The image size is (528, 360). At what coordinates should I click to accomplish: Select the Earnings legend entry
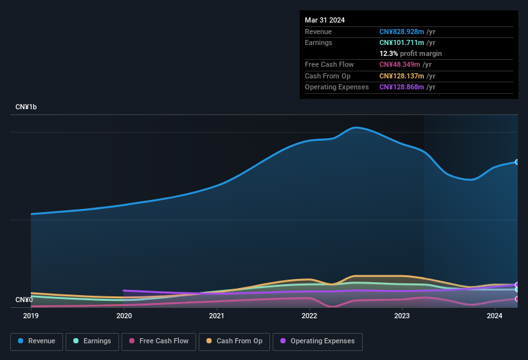(x=92, y=341)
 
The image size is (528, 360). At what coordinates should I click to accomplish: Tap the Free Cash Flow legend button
(x=158, y=341)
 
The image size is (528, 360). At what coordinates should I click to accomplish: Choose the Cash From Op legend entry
(x=234, y=341)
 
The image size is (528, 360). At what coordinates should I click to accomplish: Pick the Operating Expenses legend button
(x=317, y=341)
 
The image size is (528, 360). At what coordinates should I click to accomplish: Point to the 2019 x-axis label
(x=31, y=316)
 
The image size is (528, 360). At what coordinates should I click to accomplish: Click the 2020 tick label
(x=124, y=316)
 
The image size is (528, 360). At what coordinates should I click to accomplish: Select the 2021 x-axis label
(x=217, y=316)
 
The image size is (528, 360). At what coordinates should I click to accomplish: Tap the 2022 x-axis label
(x=309, y=316)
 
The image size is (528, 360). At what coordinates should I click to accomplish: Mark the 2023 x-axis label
(x=402, y=316)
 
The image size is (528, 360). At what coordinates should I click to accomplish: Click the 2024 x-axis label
(x=495, y=316)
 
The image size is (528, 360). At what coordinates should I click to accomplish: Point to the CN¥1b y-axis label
(x=26, y=107)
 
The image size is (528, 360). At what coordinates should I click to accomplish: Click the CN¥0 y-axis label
(x=24, y=300)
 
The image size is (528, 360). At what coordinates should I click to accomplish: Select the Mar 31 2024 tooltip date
(x=325, y=20)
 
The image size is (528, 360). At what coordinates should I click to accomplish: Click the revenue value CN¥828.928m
(x=402, y=32)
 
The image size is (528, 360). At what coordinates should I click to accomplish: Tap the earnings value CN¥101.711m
(x=402, y=42)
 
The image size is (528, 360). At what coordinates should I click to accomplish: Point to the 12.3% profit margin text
(x=410, y=53)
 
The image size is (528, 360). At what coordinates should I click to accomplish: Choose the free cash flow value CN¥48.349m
(x=400, y=64)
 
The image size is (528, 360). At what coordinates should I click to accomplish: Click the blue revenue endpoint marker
(x=517, y=162)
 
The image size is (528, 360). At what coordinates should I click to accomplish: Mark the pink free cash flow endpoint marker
(x=517, y=299)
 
